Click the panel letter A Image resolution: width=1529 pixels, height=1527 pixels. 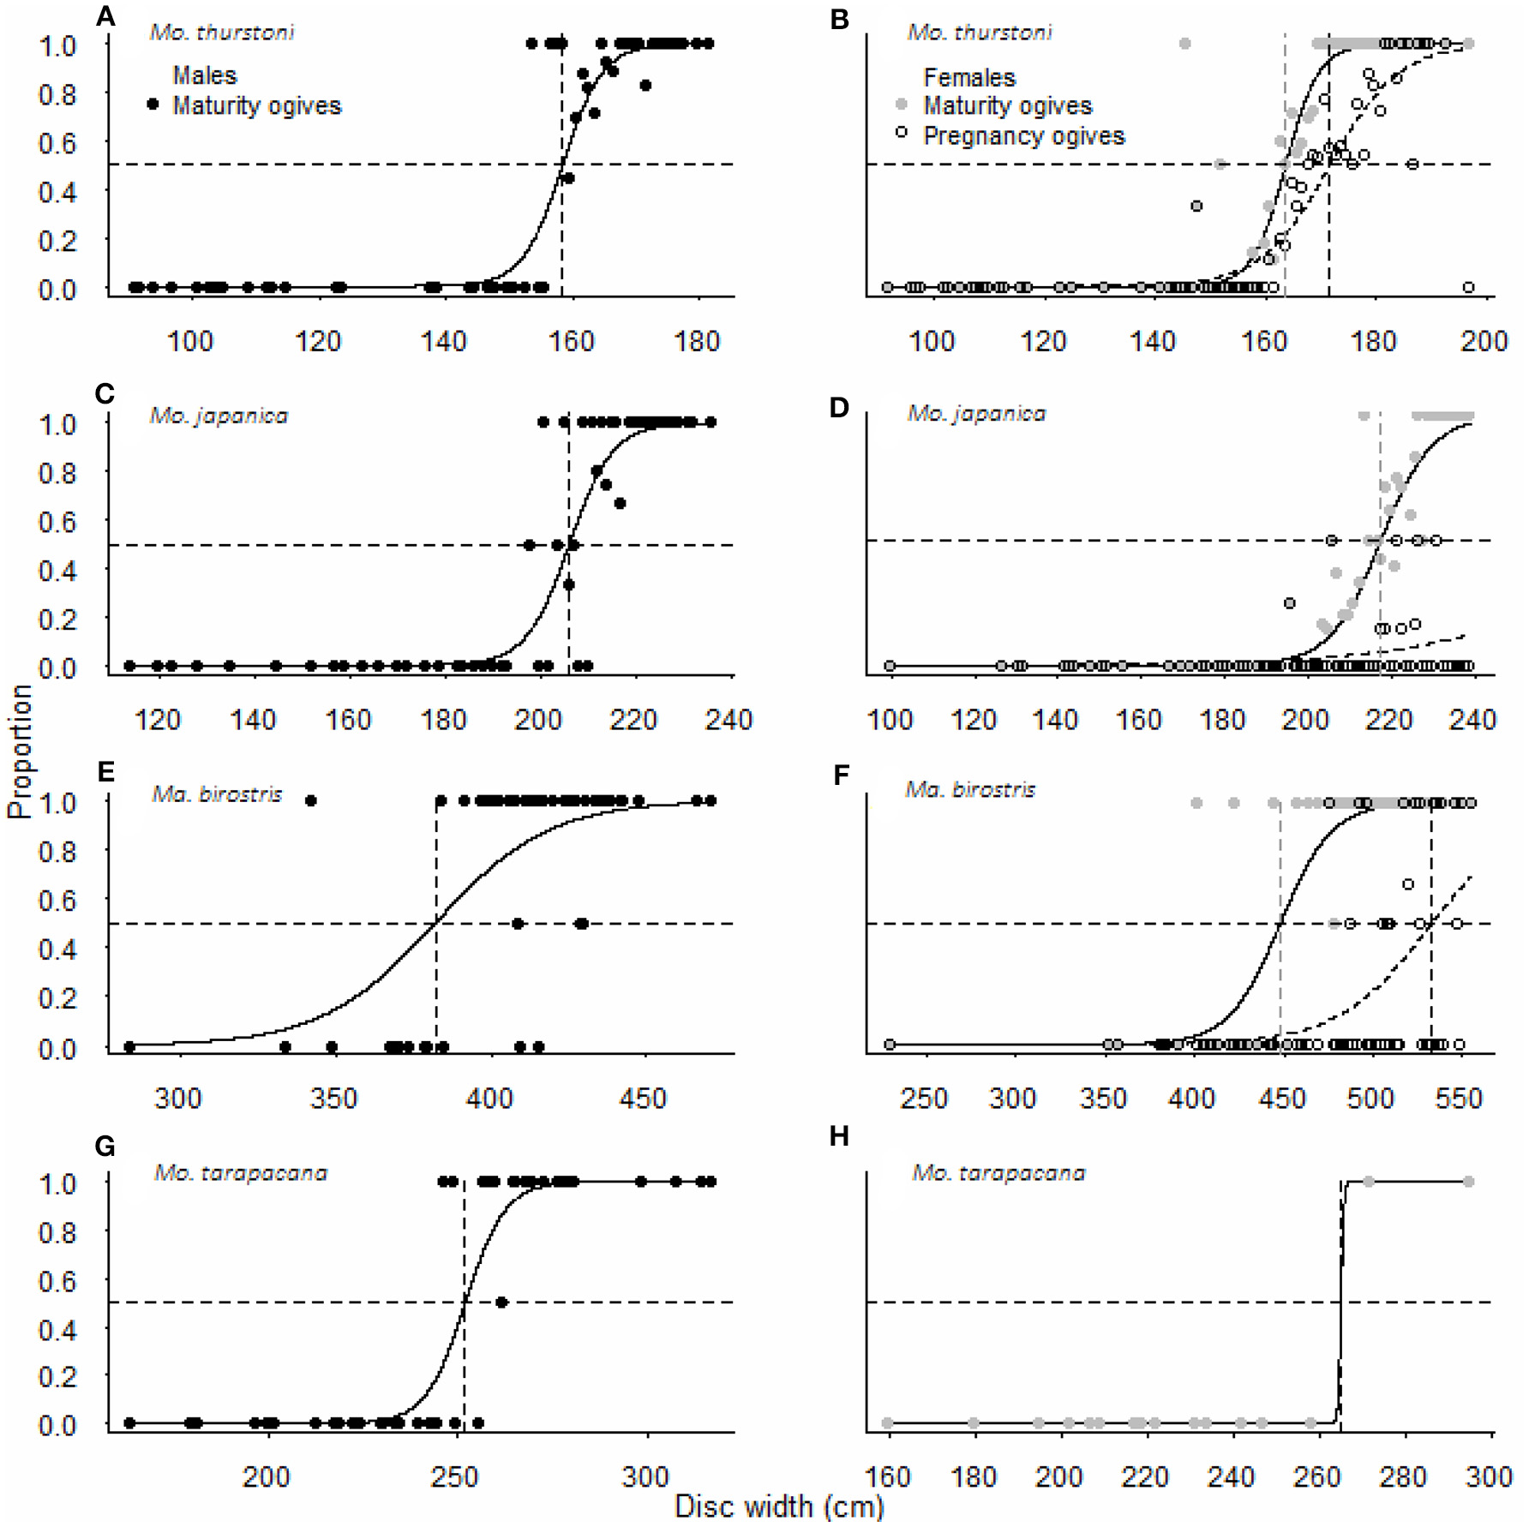[x=105, y=16]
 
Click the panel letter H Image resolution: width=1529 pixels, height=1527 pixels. [x=839, y=1137]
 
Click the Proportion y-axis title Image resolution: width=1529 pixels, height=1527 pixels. [x=20, y=752]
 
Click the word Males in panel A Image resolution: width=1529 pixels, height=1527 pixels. [x=204, y=75]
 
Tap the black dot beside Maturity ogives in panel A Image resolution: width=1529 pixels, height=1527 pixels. [x=153, y=105]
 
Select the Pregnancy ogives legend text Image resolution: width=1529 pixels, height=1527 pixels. [x=1023, y=135]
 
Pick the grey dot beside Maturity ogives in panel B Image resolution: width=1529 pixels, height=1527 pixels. [x=901, y=105]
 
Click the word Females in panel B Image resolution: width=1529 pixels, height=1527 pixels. [x=969, y=78]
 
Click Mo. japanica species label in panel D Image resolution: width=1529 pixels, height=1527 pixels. [x=976, y=414]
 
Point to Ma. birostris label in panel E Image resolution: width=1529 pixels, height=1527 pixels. [x=217, y=794]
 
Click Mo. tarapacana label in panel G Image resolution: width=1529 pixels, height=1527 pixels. [x=241, y=1173]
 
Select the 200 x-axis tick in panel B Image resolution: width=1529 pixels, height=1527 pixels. [x=1484, y=342]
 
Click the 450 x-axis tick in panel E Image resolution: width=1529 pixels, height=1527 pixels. [x=643, y=1099]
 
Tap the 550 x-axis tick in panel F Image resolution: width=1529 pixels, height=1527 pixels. [x=1459, y=1099]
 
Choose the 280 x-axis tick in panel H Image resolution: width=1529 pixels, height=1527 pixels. [x=1403, y=1477]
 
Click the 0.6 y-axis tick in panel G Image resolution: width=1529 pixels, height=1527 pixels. [x=57, y=1282]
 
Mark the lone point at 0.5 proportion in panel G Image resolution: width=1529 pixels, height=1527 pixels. [x=502, y=1302]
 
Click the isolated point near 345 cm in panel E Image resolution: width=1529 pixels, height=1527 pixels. [x=311, y=800]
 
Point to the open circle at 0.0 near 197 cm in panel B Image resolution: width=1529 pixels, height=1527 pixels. [x=1468, y=287]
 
